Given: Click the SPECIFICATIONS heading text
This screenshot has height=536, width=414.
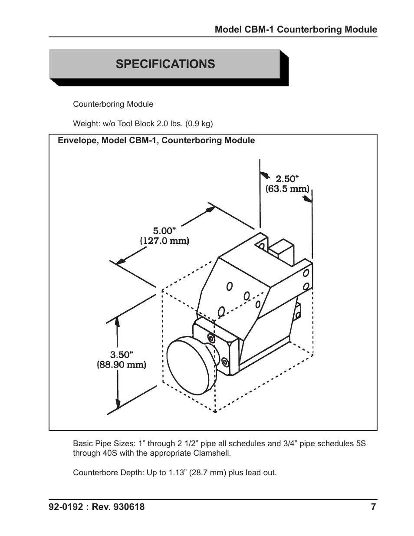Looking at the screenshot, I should tap(165, 64).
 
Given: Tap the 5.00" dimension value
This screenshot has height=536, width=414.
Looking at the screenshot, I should tap(163, 231).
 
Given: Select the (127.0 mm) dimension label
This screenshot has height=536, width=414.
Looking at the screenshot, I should tap(164, 241).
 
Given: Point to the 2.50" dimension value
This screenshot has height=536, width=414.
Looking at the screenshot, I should tap(287, 179).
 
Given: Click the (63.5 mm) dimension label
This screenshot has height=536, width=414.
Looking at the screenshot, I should tap(287, 189).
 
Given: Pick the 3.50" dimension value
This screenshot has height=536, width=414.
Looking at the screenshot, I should tap(121, 355).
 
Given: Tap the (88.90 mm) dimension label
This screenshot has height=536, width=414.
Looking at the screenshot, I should tap(121, 365).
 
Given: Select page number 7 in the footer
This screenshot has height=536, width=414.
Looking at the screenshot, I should tap(373, 507).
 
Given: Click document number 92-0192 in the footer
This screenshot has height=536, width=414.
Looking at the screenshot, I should tap(66, 507).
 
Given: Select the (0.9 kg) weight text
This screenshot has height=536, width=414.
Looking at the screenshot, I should tap(199, 124).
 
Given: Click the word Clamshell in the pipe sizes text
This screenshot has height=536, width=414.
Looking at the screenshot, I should tap(213, 454).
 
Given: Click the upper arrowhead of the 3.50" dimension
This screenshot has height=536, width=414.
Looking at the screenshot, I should tap(118, 321).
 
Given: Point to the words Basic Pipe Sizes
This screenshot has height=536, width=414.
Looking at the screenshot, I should tap(104, 444).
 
